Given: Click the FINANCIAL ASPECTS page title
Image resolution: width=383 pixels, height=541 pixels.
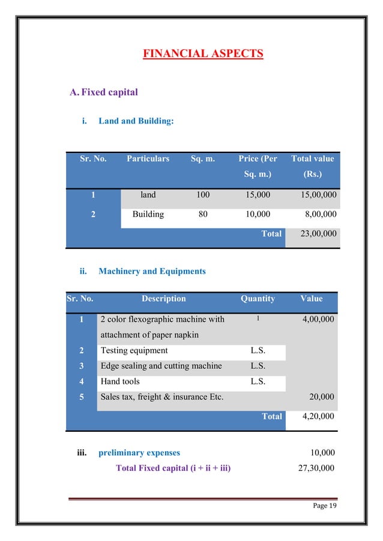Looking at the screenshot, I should (203, 55).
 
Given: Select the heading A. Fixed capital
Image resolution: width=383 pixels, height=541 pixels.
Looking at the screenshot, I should (104, 92).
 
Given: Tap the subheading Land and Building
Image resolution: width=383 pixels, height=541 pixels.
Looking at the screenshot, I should (136, 121).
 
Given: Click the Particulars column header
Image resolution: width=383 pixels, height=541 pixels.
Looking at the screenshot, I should (148, 159).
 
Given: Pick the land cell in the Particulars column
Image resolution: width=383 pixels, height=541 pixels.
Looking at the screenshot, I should (148, 195).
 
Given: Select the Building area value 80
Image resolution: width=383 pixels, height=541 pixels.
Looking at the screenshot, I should (203, 214).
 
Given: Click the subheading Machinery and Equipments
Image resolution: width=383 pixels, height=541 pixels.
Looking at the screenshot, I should (152, 271).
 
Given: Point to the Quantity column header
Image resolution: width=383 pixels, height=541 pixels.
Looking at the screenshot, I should (258, 299).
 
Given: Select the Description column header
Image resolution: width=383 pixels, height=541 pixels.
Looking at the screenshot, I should (163, 299).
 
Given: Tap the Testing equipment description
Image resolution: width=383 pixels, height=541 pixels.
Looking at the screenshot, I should (134, 351).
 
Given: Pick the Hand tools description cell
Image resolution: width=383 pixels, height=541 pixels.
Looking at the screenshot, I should (120, 381).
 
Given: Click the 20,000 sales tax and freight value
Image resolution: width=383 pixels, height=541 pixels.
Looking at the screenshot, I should (322, 396).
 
